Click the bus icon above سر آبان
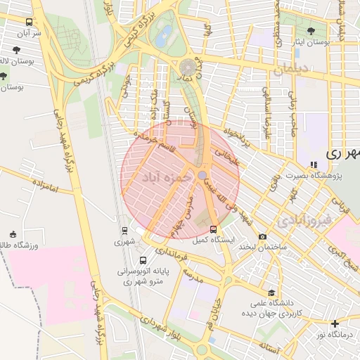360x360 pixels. (29, 22)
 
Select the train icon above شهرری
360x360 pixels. (124, 230)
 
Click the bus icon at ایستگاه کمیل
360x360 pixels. (213, 229)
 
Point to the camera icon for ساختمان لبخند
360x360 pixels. (263, 236)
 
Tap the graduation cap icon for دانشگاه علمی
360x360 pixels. (271, 292)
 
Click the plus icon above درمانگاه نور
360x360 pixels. (335, 323)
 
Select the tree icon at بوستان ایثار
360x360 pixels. (311, 31)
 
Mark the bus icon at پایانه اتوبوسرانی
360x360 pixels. (143, 260)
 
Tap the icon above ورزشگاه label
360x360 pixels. (13, 234)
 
